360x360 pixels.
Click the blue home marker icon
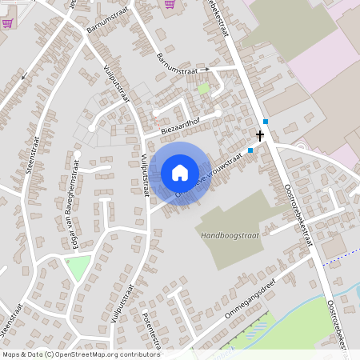180,173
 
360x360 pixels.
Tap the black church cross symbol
260,136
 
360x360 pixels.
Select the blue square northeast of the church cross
266,122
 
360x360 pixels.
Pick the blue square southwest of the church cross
250,150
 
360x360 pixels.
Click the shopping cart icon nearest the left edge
7,22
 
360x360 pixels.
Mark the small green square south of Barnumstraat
203,88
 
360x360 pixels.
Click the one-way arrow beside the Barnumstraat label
204,70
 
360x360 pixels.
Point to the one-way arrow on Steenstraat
24,77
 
